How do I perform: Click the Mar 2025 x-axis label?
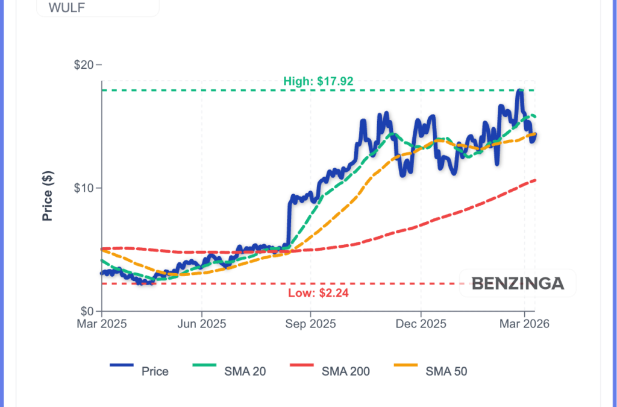pos(101,324)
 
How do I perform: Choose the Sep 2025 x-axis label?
pos(310,324)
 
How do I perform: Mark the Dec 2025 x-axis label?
pos(421,324)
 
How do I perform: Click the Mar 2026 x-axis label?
pos(524,324)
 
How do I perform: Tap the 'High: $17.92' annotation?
pos(318,81)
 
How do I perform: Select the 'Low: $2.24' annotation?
pos(319,294)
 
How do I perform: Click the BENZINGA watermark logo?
pos(518,283)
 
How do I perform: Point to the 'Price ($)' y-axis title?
pos(48,196)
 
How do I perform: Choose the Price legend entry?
pos(155,371)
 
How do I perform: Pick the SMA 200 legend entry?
pos(346,371)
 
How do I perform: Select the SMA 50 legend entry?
pos(446,371)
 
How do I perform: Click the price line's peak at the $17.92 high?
pos(519,90)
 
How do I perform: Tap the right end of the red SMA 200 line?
pos(535,180)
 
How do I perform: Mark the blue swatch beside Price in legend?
pos(121,365)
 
